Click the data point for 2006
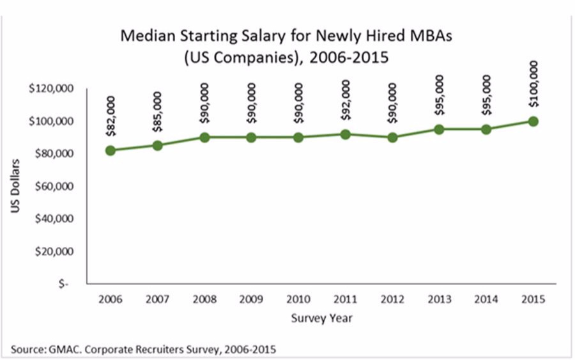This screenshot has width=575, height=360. [x=111, y=150]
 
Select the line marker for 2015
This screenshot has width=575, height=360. [x=533, y=121]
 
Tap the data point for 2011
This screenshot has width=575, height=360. [x=345, y=134]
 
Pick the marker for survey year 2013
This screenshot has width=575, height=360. [x=439, y=129]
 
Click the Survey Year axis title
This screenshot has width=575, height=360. [x=321, y=318]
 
